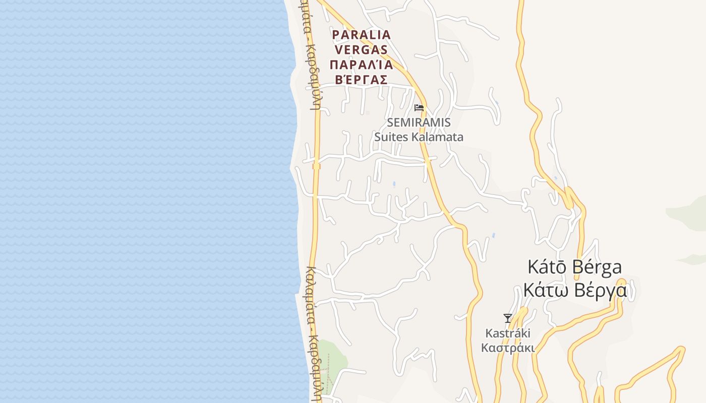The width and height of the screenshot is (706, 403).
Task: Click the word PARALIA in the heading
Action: pos(361,35)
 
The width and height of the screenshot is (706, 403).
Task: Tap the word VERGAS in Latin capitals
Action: pos(361,50)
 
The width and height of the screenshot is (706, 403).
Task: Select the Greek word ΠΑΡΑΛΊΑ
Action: pos(361,65)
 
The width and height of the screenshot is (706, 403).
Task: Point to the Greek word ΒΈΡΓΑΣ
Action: pos(361,80)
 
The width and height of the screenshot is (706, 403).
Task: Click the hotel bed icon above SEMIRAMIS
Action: pos(419,107)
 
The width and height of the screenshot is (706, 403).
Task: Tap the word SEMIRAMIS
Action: pos(419,122)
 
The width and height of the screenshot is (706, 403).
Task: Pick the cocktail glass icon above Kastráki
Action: pos(508,318)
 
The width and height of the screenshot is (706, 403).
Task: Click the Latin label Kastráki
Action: pos(508,333)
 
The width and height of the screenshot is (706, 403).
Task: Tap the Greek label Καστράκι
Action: pos(508,348)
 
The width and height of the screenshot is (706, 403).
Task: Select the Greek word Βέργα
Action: pos(600,291)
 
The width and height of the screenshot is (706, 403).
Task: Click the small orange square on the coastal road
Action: pos(317,166)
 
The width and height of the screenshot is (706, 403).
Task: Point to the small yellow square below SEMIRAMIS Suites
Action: pos(428,163)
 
